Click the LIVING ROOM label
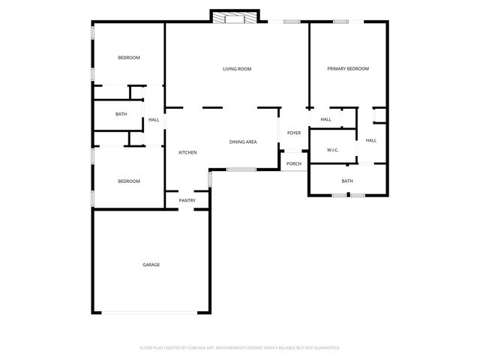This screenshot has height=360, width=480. (236, 69)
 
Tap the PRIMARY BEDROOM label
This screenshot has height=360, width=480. (348, 69)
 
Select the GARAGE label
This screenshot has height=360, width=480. (151, 264)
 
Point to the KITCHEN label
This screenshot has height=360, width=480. (187, 153)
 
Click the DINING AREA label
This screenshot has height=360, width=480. (243, 141)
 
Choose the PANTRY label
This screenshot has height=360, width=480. (187, 200)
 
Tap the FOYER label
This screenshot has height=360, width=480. (293, 133)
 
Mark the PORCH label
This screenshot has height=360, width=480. (293, 163)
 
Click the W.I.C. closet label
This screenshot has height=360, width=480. (332, 150)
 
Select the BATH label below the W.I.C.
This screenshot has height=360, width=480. (347, 181)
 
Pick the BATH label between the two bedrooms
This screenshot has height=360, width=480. (121, 114)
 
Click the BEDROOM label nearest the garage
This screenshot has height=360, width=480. (128, 181)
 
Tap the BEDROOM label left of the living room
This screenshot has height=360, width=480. (128, 58)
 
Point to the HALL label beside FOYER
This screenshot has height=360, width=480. (325, 119)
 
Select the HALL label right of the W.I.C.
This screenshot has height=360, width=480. (370, 140)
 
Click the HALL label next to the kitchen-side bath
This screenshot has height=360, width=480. (154, 119)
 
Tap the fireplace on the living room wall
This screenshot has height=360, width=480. (235, 17)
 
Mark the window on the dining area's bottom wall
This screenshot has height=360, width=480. (241, 169)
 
